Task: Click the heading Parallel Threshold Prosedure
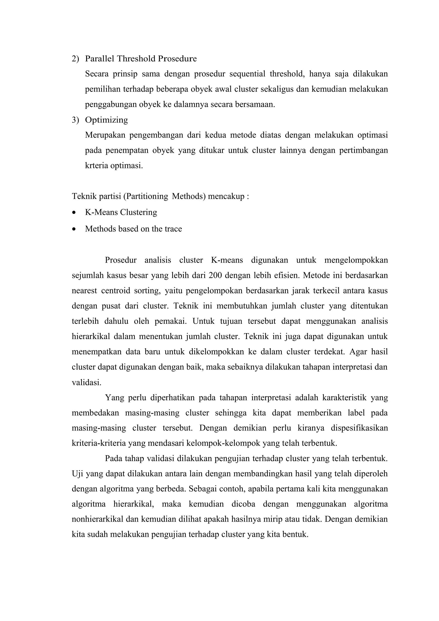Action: pos(141,59)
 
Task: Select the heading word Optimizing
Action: pos(106,120)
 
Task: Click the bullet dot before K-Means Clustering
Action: pos(74,213)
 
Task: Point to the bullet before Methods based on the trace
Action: pos(74,229)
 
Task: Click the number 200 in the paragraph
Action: pos(215,275)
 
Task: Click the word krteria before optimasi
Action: pos(96,165)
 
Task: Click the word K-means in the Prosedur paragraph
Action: pos(227,260)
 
